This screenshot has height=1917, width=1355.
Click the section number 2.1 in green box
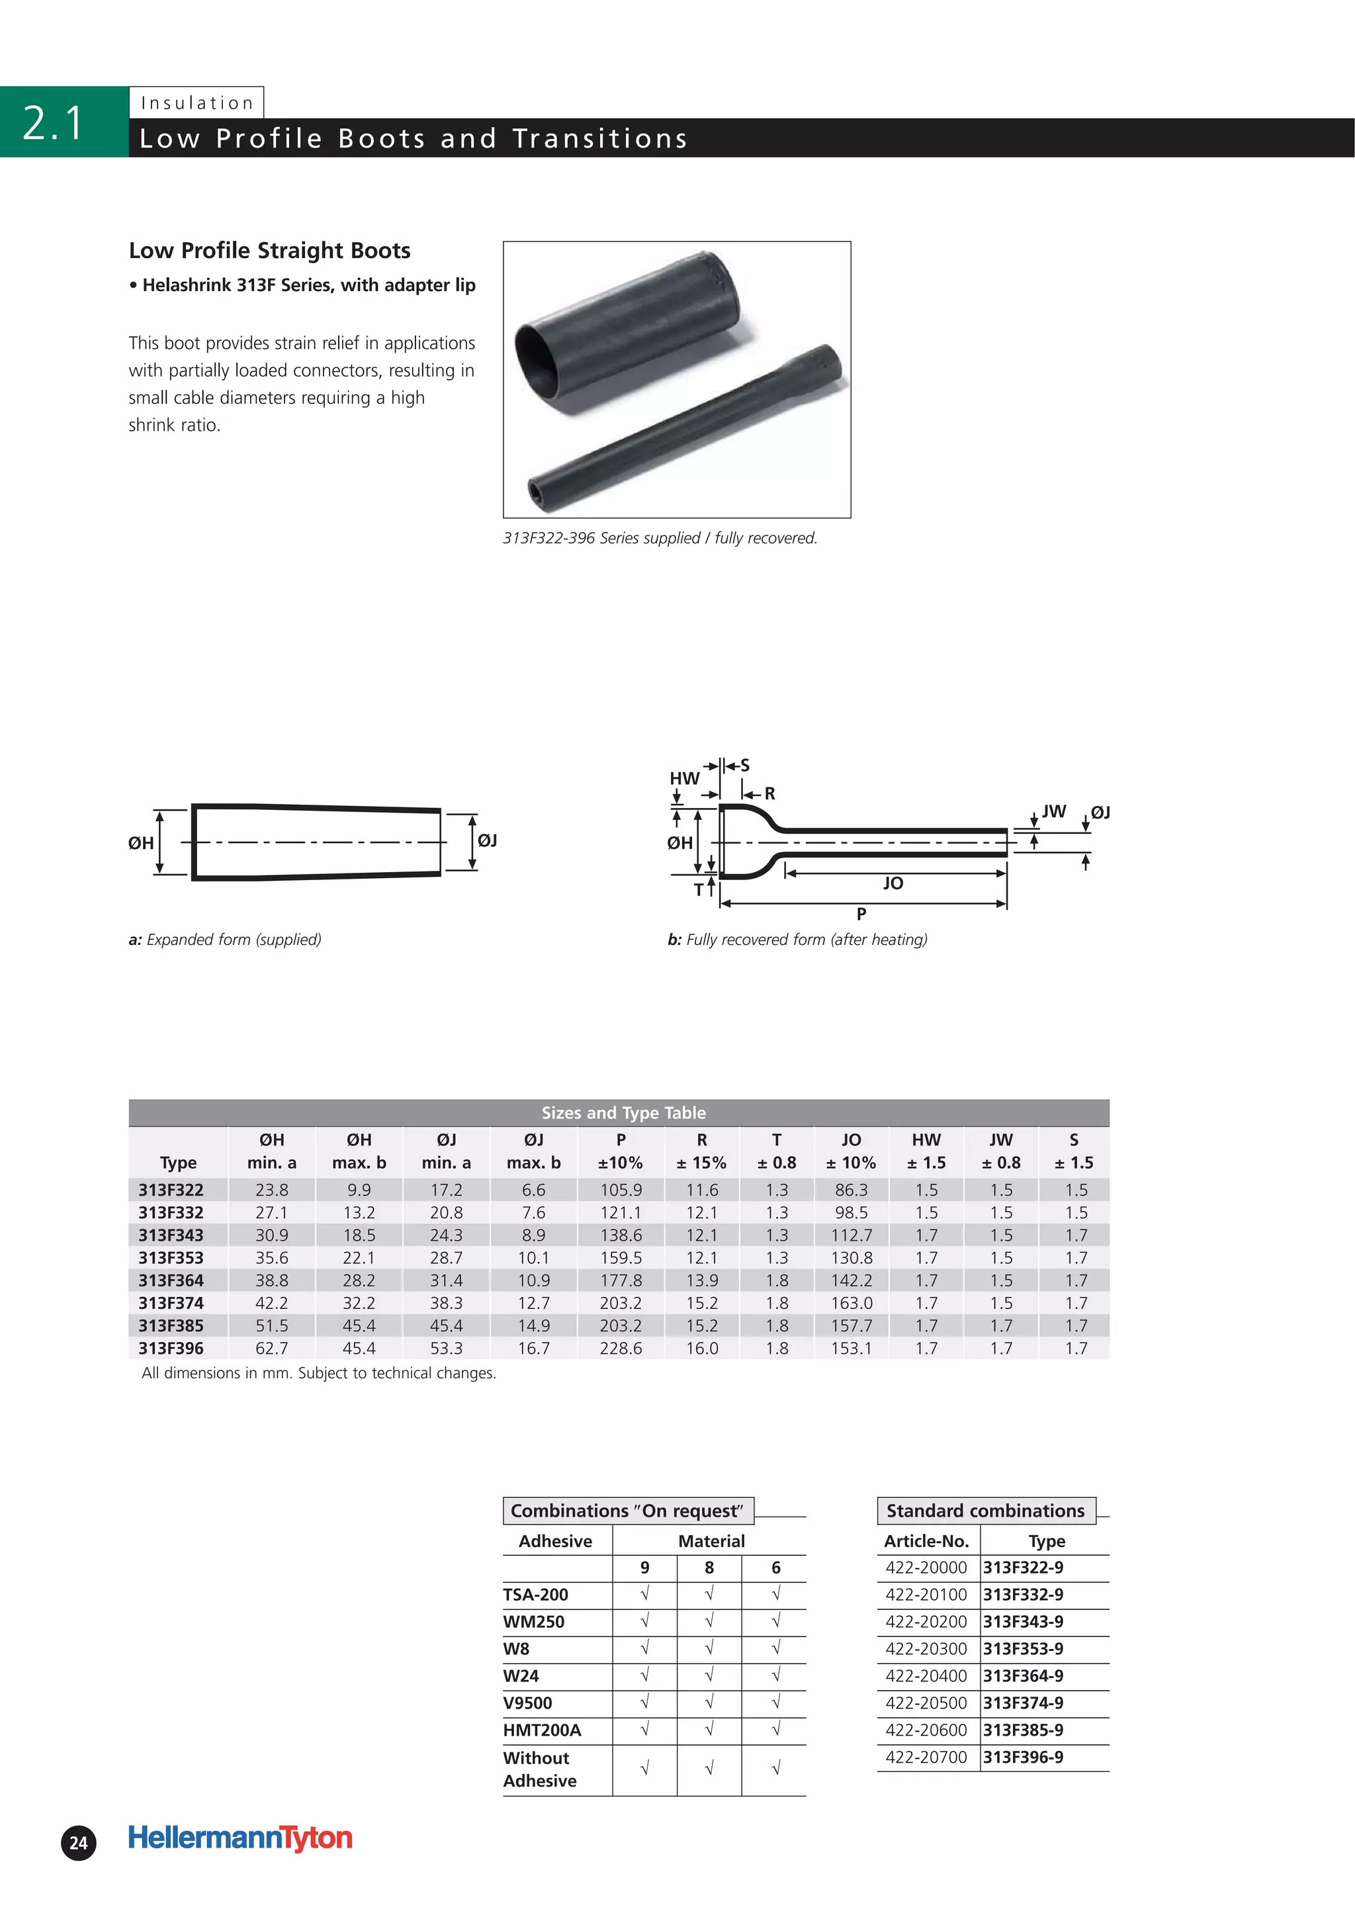54,122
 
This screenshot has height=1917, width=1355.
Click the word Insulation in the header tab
197,103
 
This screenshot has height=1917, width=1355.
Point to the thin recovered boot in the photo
685,425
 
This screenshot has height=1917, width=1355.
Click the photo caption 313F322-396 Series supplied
659,539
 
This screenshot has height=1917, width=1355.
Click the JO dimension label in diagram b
893,883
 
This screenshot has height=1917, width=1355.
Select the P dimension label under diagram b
861,913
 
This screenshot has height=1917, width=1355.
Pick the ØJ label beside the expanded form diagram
487,840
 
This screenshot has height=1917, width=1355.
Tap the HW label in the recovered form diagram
683,778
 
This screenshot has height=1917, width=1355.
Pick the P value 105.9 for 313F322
621,1190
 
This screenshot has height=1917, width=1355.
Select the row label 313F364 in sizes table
171,1280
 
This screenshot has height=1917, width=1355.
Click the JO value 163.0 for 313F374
851,1302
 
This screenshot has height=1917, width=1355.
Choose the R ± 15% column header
701,1151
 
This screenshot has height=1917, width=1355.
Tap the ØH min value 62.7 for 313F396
271,1347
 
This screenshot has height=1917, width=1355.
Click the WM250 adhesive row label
533,1621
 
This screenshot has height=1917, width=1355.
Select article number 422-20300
926,1648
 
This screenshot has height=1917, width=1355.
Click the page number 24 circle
79,1843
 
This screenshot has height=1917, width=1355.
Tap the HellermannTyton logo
240,1837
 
